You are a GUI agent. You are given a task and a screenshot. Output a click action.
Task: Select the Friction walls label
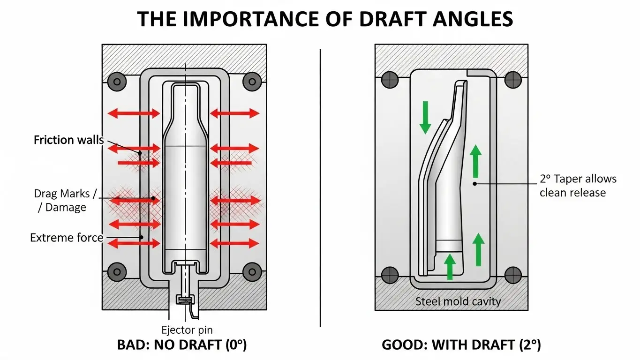coord(69,140)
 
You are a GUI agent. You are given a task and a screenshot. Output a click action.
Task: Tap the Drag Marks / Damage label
coord(60,200)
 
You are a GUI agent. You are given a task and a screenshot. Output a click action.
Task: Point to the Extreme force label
coord(66,238)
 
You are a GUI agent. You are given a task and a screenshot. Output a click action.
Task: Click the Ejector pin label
coord(187,330)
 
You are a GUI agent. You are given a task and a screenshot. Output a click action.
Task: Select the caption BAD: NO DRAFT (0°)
coord(181,345)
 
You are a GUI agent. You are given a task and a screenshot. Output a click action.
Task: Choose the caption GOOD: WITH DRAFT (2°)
coord(461,345)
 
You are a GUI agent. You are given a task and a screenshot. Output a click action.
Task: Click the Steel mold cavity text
coord(458,301)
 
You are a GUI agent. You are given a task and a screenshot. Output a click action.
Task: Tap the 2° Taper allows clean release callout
coord(578,186)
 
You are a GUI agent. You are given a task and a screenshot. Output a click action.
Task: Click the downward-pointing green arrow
coord(425,115)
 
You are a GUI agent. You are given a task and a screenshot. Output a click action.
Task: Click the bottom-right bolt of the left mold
coord(252,271)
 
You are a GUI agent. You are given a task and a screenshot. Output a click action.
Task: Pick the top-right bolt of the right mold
coord(513,79)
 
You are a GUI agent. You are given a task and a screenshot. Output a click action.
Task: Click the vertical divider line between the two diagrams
coord(320,187)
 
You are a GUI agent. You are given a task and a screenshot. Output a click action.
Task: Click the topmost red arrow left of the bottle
coord(134,113)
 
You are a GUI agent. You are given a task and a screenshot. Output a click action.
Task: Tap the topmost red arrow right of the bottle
coord(234,113)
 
